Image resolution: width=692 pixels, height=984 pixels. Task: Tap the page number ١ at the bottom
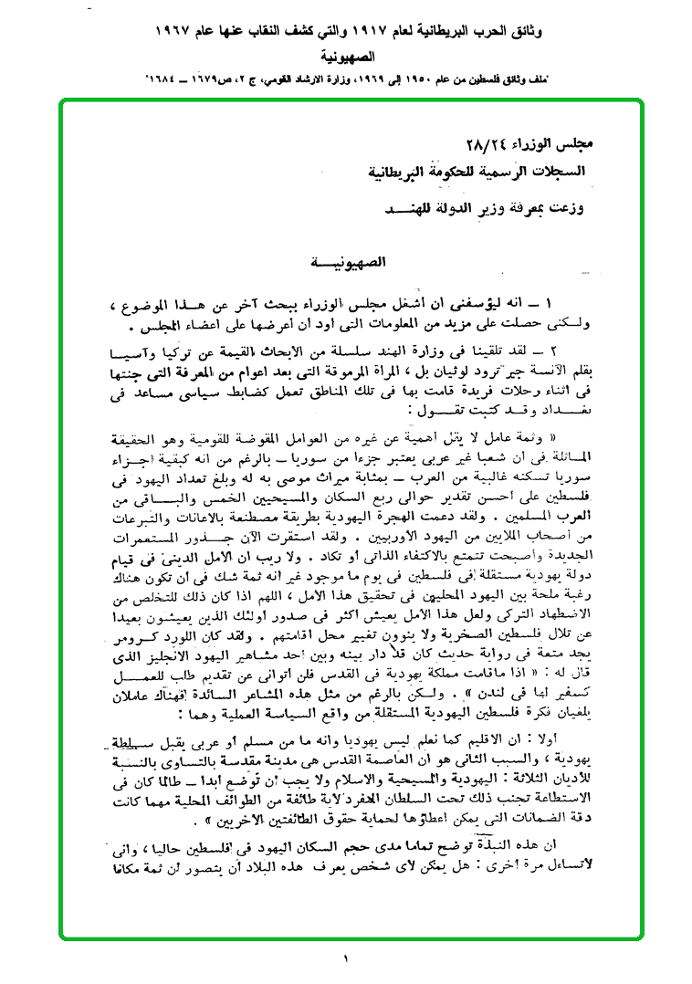(347, 958)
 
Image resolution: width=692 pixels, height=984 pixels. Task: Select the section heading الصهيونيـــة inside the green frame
(348, 263)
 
